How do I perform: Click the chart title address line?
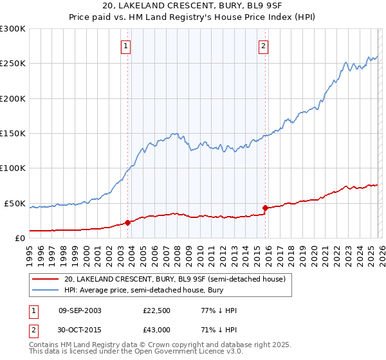pos(193,6)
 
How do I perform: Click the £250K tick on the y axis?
pos(13,64)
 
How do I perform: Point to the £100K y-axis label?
pos(13,168)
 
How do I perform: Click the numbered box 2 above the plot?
pos(264,46)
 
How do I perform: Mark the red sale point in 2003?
pos(127,222)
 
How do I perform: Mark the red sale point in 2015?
pos(265,208)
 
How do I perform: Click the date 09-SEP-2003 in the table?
pos(80,310)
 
